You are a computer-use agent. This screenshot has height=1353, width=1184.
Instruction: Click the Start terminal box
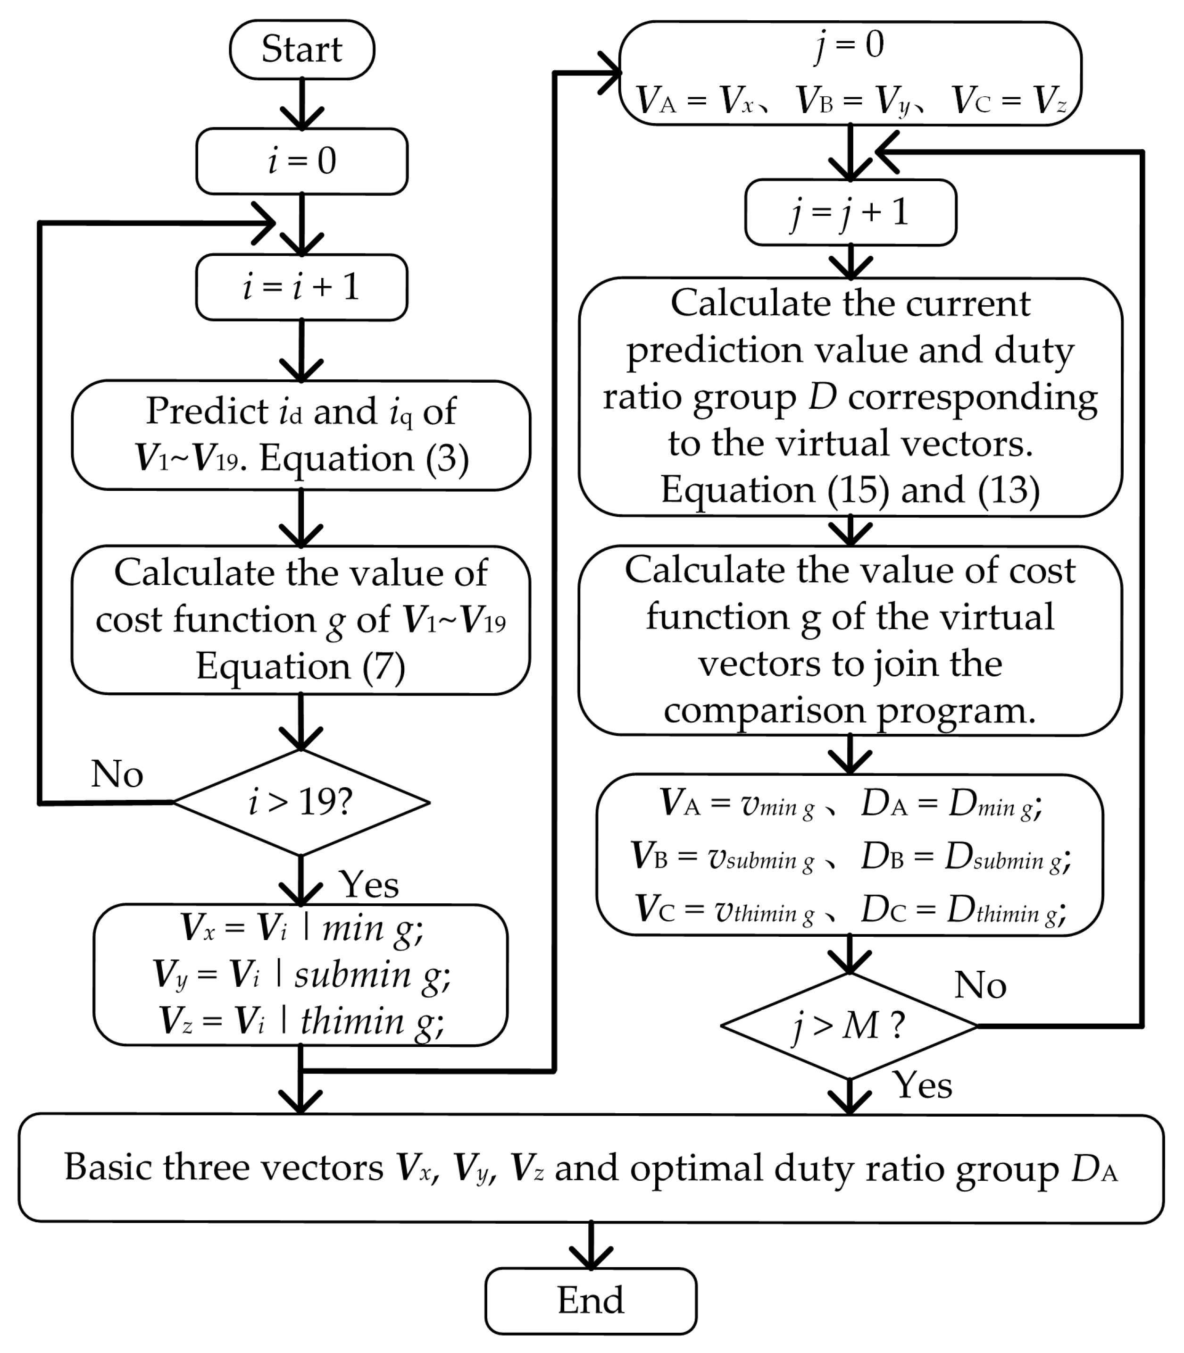coord(302,50)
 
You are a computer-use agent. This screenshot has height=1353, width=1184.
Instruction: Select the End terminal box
coord(591,1300)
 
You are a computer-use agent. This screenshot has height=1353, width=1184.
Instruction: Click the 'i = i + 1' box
coord(302,287)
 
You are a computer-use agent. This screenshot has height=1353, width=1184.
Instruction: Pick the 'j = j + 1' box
coord(850,213)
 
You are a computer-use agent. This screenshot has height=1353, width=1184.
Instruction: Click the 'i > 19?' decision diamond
coord(301,802)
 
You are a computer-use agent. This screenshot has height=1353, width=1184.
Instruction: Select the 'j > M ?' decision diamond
coord(849,1026)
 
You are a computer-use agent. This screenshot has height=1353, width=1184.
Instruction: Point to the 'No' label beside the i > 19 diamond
coord(117,774)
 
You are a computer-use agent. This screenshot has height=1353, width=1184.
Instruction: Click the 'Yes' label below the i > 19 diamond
coord(369,884)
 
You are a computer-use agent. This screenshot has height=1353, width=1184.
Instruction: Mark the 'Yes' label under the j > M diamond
coord(922,1085)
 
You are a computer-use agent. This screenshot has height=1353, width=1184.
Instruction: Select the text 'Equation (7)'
coord(300,666)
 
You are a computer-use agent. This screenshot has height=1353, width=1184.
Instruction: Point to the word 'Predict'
coord(206,411)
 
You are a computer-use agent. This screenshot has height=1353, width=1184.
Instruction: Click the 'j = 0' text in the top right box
coord(850,45)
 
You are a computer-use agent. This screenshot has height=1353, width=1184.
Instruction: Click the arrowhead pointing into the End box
coord(591,1258)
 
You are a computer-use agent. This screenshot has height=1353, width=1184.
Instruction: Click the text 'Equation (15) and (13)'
coord(850,490)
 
